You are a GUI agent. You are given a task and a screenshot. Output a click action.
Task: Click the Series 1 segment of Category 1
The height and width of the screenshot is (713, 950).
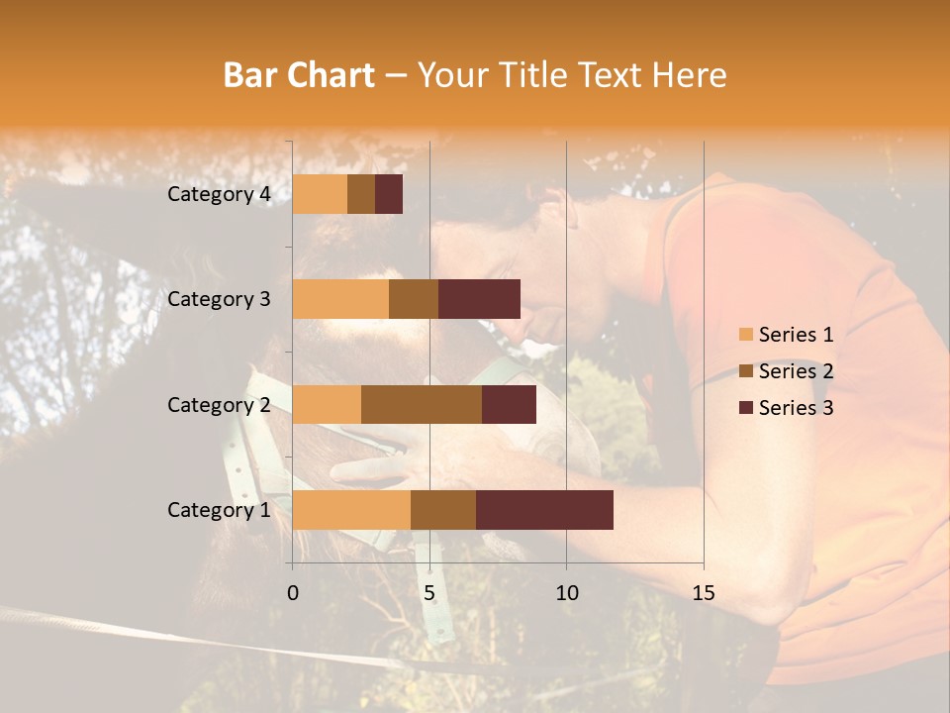351,510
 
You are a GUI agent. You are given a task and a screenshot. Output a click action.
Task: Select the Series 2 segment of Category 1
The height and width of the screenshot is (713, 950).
443,510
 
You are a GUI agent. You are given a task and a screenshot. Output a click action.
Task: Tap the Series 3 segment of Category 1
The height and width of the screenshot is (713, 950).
544,510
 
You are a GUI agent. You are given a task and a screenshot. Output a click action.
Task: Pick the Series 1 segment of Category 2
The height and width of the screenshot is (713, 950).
327,404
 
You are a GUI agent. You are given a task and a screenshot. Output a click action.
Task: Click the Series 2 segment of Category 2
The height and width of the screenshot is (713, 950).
422,404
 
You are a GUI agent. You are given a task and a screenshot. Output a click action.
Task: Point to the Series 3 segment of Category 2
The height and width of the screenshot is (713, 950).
509,404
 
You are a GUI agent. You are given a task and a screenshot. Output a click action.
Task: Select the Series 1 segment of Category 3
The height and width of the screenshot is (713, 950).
340,299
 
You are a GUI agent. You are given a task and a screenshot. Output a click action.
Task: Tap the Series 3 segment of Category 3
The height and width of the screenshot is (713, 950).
479,299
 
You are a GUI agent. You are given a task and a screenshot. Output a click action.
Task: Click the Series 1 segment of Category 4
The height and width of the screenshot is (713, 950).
320,194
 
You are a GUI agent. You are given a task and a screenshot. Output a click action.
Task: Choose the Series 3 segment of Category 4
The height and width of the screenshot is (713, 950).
389,194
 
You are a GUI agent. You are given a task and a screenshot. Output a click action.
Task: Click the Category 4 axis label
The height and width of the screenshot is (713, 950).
219,194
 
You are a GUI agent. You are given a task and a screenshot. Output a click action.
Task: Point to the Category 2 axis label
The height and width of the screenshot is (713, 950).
219,404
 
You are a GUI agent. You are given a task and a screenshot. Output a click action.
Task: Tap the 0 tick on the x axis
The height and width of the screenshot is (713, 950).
293,593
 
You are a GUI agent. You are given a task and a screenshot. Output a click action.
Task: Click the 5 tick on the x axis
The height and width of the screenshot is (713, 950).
429,593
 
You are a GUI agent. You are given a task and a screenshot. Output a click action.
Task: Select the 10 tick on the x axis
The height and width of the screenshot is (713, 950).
566,593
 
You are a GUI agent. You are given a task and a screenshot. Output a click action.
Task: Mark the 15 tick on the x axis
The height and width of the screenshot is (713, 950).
703,593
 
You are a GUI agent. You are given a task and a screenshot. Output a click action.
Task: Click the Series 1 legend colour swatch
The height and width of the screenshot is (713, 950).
745,335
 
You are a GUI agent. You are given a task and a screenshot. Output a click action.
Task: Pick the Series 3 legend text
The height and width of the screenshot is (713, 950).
796,408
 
